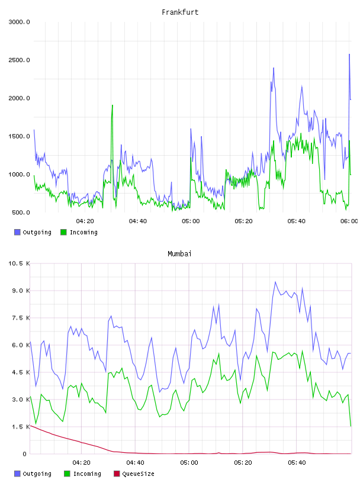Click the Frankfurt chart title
pos(180,12)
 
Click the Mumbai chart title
pos(179,253)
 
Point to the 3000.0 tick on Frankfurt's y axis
pos(19,22)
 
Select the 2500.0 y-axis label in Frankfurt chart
pos(19,60)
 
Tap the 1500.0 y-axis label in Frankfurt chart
pos(19,136)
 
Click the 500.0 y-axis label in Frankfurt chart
pos(21,212)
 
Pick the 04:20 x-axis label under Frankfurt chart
pos(85,221)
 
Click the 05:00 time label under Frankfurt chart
pos(191,221)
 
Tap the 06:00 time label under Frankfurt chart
pos(349,221)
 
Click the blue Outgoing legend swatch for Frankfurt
pos(17,232)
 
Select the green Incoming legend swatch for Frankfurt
pos(63,232)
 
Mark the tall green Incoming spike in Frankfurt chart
pos(112,105)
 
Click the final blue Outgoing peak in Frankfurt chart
pos(349,54)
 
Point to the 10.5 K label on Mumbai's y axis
pos(19,263)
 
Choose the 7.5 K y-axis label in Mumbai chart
pos(21,318)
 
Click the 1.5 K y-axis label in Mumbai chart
pos(21,427)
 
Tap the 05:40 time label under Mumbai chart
pos(297,462)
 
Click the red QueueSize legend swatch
pos(117,474)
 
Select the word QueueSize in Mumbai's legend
pos(138,474)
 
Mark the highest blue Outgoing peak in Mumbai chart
pos(275,282)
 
